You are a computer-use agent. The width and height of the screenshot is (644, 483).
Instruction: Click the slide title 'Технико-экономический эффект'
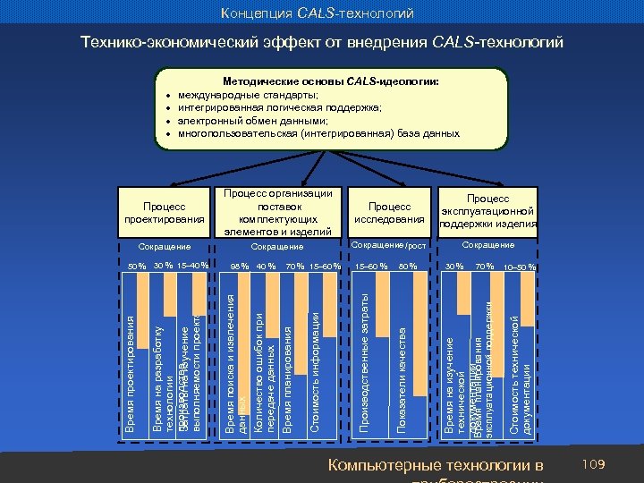pos(321,42)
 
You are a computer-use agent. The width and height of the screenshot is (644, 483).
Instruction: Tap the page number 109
pos(593,465)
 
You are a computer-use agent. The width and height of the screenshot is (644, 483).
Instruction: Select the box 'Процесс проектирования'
pos(165,213)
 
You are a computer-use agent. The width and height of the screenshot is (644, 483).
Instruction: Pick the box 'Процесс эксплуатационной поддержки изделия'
pos(487,211)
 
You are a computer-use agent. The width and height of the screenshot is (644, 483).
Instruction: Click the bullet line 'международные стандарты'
pos(248,94)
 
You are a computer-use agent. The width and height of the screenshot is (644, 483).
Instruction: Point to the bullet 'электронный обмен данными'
pos(253,120)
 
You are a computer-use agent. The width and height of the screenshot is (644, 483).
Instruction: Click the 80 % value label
pos(408,267)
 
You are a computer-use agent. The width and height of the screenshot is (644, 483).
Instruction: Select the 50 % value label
pos(136,267)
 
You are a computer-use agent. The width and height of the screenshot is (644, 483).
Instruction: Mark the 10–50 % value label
pos(519,267)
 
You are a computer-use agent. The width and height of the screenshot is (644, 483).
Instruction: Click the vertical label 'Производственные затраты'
pos(364,375)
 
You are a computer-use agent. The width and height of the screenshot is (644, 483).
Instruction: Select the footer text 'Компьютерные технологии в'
pos(436,465)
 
